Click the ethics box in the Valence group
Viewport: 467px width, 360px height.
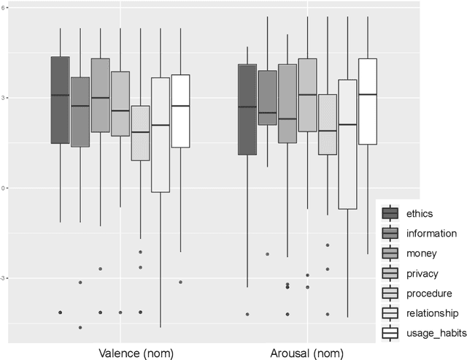coord(60,100)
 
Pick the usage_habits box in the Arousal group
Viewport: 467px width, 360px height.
coord(368,102)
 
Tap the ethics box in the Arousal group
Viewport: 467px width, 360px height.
coord(247,110)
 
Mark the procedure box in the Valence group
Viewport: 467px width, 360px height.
coord(140,133)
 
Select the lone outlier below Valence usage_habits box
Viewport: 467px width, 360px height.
coord(180,282)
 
